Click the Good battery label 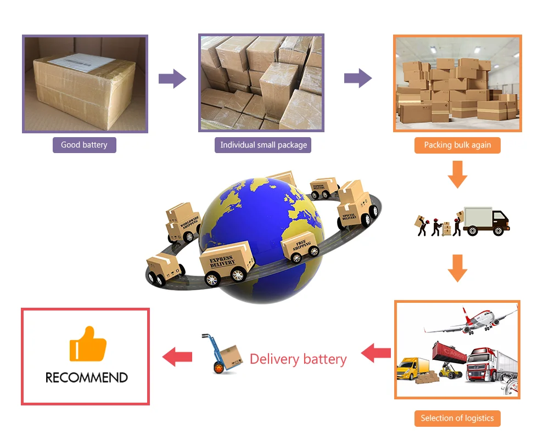point(84,145)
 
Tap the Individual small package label point(263,145)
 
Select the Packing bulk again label point(457,145)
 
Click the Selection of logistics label point(457,418)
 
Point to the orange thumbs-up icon point(88,344)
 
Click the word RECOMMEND point(86,377)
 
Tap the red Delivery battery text point(298,359)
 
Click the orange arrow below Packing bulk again point(457,174)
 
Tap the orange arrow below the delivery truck point(457,268)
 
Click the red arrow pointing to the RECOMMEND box point(177,357)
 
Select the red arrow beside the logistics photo point(376,353)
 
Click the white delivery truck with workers point(485,221)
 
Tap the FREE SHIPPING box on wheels point(300,246)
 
